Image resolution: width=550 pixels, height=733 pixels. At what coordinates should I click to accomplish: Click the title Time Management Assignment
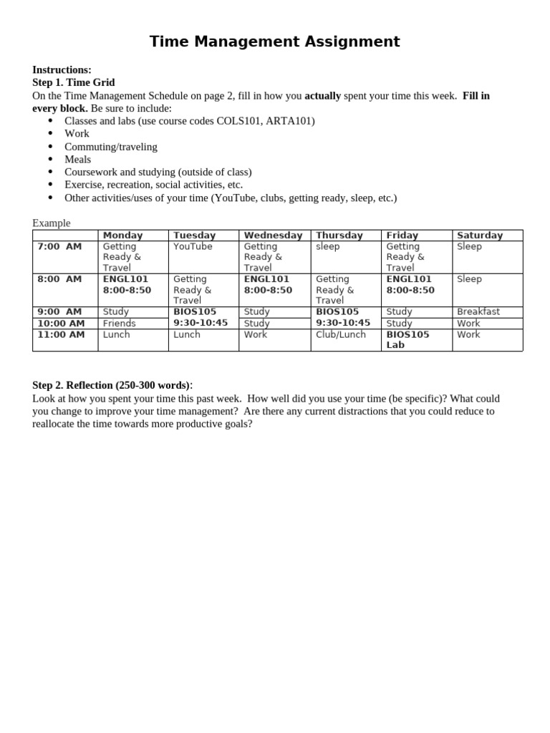274,42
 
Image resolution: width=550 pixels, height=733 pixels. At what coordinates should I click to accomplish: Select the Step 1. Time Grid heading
73,82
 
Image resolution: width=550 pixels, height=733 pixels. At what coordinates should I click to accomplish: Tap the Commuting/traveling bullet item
110,147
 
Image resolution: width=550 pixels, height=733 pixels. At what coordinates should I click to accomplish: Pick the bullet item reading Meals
77,160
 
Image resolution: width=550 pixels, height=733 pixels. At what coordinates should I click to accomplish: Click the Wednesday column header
273,236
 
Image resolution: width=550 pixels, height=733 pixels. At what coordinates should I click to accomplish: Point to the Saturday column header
480,236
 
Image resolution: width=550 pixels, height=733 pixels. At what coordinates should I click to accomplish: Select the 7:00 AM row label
59,246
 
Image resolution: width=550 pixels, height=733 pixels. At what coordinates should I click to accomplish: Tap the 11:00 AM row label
61,334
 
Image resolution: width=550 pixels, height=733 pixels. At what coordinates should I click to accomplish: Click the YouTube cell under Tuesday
193,246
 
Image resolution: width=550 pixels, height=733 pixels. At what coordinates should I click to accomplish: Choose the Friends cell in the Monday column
119,324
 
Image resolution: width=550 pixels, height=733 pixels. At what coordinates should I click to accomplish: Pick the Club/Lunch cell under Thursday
341,334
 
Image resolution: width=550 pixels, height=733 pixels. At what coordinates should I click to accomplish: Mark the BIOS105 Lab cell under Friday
407,339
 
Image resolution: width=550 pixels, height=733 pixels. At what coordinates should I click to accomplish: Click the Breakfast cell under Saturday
478,312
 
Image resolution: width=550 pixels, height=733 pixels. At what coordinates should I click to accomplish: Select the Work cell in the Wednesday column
255,334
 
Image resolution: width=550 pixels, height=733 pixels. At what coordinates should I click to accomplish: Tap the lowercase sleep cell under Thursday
328,246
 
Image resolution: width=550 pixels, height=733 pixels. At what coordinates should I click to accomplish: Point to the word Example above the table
52,223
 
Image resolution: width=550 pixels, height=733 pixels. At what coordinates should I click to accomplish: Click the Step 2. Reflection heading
112,385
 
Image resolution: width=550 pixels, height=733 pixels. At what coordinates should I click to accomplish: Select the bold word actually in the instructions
323,95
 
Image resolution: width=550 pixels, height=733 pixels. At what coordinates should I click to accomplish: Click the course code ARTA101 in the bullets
290,121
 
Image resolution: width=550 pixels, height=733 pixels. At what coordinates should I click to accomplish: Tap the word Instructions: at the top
62,69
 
